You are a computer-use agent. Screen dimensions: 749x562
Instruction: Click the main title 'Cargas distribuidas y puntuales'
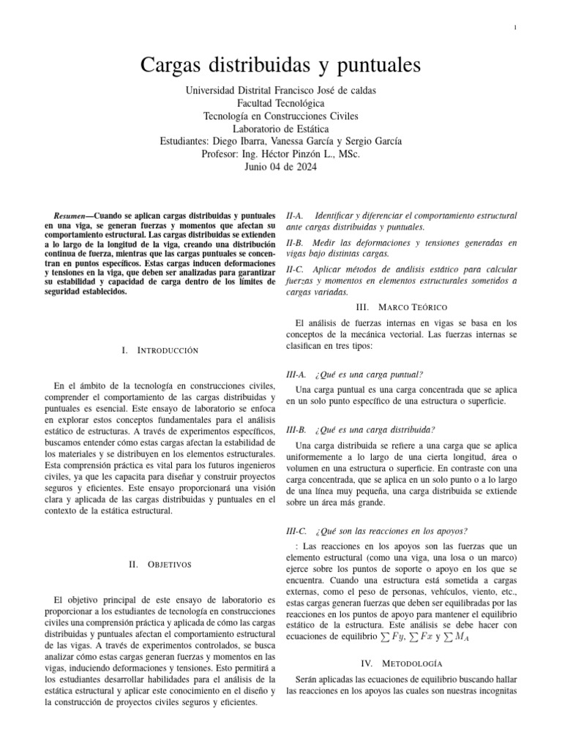tap(280, 66)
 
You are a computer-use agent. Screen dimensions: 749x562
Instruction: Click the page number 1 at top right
tap(516, 28)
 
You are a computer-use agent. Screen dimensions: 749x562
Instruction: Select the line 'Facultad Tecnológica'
tap(280, 103)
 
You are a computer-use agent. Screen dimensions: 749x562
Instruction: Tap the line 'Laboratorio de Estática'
tap(280, 129)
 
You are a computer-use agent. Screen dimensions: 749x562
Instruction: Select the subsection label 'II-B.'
tap(296, 241)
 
